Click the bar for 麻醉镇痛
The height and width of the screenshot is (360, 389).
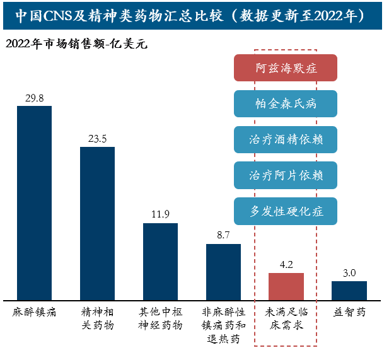34,202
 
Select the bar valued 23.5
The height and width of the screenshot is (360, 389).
97,223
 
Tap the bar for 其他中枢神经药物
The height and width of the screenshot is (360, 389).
160,261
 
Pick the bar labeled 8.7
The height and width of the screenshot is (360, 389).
223,272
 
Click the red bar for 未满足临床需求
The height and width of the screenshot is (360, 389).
286,286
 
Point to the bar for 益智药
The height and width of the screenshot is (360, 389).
349,290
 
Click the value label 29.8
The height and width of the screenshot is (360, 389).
34,98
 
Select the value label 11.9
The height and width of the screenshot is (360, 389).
160,214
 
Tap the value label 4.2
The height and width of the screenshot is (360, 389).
286,265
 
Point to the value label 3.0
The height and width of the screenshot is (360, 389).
349,273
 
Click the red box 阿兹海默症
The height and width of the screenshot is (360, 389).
286,68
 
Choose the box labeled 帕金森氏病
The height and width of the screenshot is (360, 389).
286,103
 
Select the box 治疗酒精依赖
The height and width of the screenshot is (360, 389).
286,139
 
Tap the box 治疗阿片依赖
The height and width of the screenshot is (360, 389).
286,175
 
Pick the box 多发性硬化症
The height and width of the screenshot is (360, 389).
286,211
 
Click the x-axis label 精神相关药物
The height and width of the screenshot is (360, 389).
97,318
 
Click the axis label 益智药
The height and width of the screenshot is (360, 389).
349,312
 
